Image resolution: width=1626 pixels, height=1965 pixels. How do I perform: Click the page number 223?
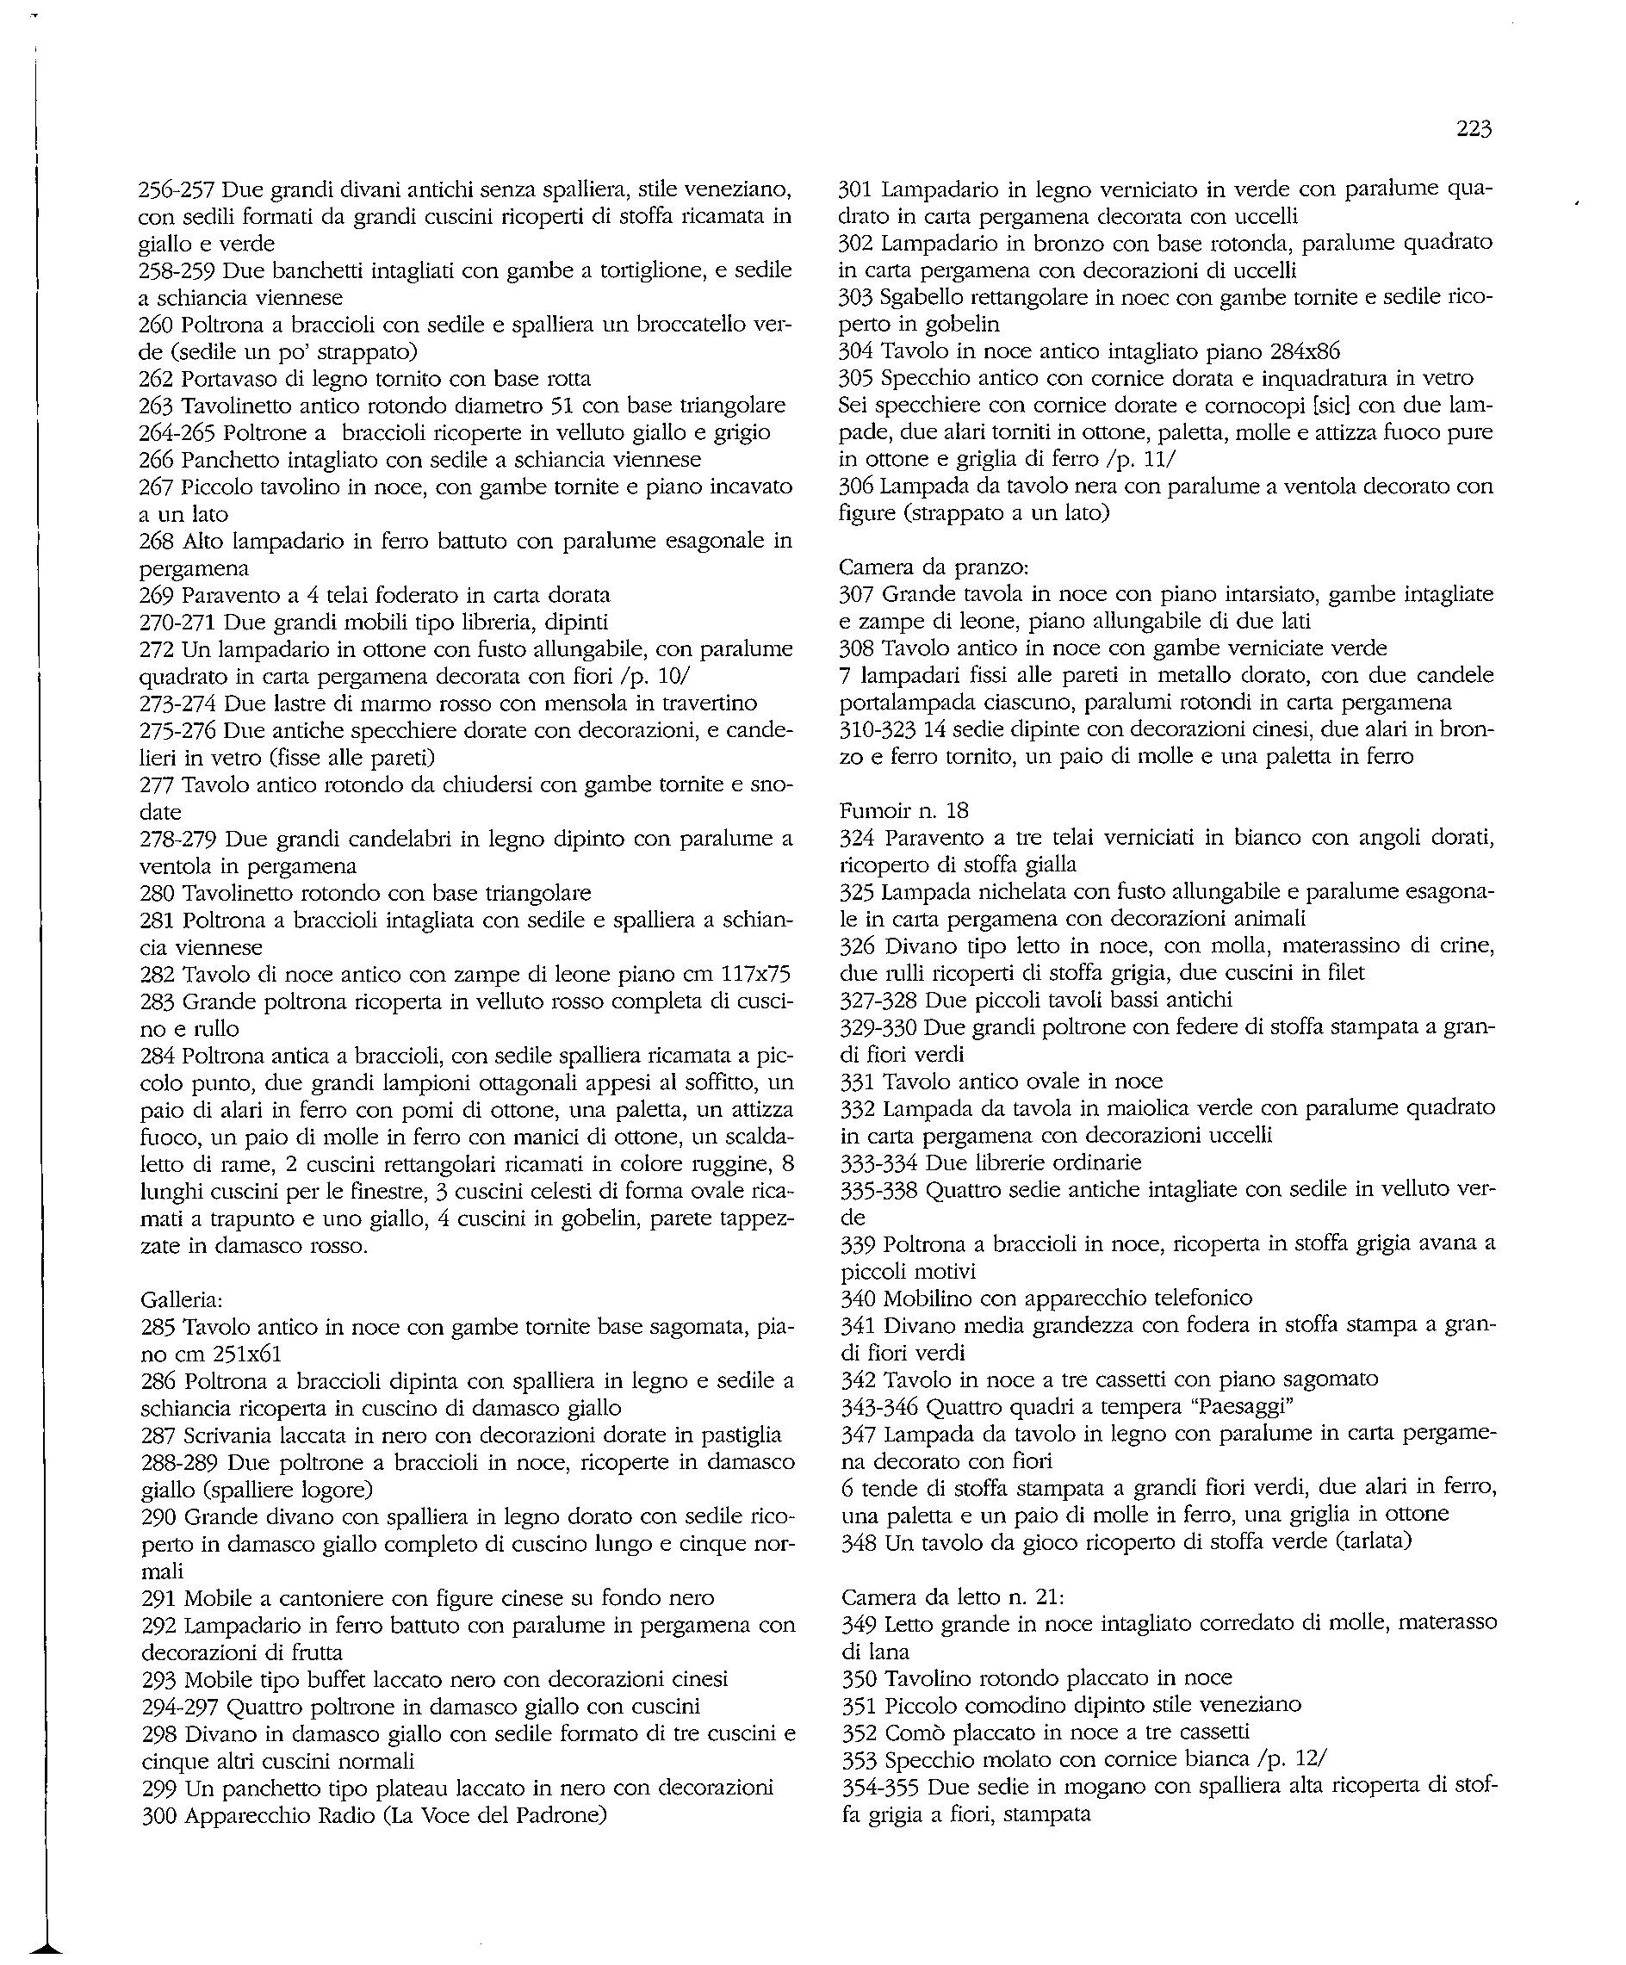1474,130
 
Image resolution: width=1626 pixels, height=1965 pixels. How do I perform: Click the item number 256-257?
177,190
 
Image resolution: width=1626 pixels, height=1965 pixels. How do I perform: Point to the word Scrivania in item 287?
227,1435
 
